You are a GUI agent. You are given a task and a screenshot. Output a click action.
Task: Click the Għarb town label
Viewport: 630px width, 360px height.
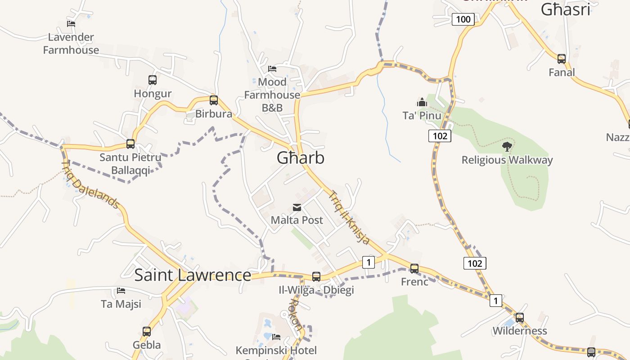(300, 158)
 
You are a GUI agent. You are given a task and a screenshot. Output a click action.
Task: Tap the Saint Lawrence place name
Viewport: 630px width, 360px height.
(193, 275)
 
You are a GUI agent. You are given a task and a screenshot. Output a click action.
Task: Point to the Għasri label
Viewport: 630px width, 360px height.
(565, 9)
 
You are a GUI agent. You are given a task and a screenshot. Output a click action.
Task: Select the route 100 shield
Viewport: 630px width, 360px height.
(463, 19)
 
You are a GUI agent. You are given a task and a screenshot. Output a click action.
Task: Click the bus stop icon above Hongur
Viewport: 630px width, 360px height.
(153, 80)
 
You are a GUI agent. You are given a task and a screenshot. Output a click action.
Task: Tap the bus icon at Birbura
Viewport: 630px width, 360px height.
(214, 100)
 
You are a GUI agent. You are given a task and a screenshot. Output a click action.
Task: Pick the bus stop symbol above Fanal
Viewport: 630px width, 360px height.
(561, 58)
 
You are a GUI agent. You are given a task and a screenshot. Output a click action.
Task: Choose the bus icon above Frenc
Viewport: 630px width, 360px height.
(414, 268)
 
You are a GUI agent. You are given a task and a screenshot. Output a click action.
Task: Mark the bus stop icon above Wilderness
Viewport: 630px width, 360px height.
(520, 317)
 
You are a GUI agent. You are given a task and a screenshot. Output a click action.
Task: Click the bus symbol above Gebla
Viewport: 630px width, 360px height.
(147, 332)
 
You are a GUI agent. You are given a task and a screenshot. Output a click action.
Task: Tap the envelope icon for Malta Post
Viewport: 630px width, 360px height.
(297, 207)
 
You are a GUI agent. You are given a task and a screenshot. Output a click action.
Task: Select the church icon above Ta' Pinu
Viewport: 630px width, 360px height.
(422, 103)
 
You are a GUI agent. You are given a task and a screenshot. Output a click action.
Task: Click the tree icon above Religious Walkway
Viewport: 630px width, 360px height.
(507, 146)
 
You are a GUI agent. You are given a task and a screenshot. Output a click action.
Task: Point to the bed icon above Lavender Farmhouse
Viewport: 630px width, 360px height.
(71, 24)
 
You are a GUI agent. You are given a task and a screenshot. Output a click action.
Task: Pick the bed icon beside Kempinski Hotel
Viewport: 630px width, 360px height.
(276, 337)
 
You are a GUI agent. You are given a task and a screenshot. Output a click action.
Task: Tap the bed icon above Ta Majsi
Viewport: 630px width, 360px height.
(121, 291)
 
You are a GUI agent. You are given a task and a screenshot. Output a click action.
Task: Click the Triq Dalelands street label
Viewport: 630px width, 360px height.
(90, 185)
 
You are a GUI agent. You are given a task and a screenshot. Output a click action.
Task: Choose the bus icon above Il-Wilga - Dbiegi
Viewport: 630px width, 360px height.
(316, 276)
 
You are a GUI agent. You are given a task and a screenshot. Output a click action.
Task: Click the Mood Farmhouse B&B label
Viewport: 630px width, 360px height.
(272, 95)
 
